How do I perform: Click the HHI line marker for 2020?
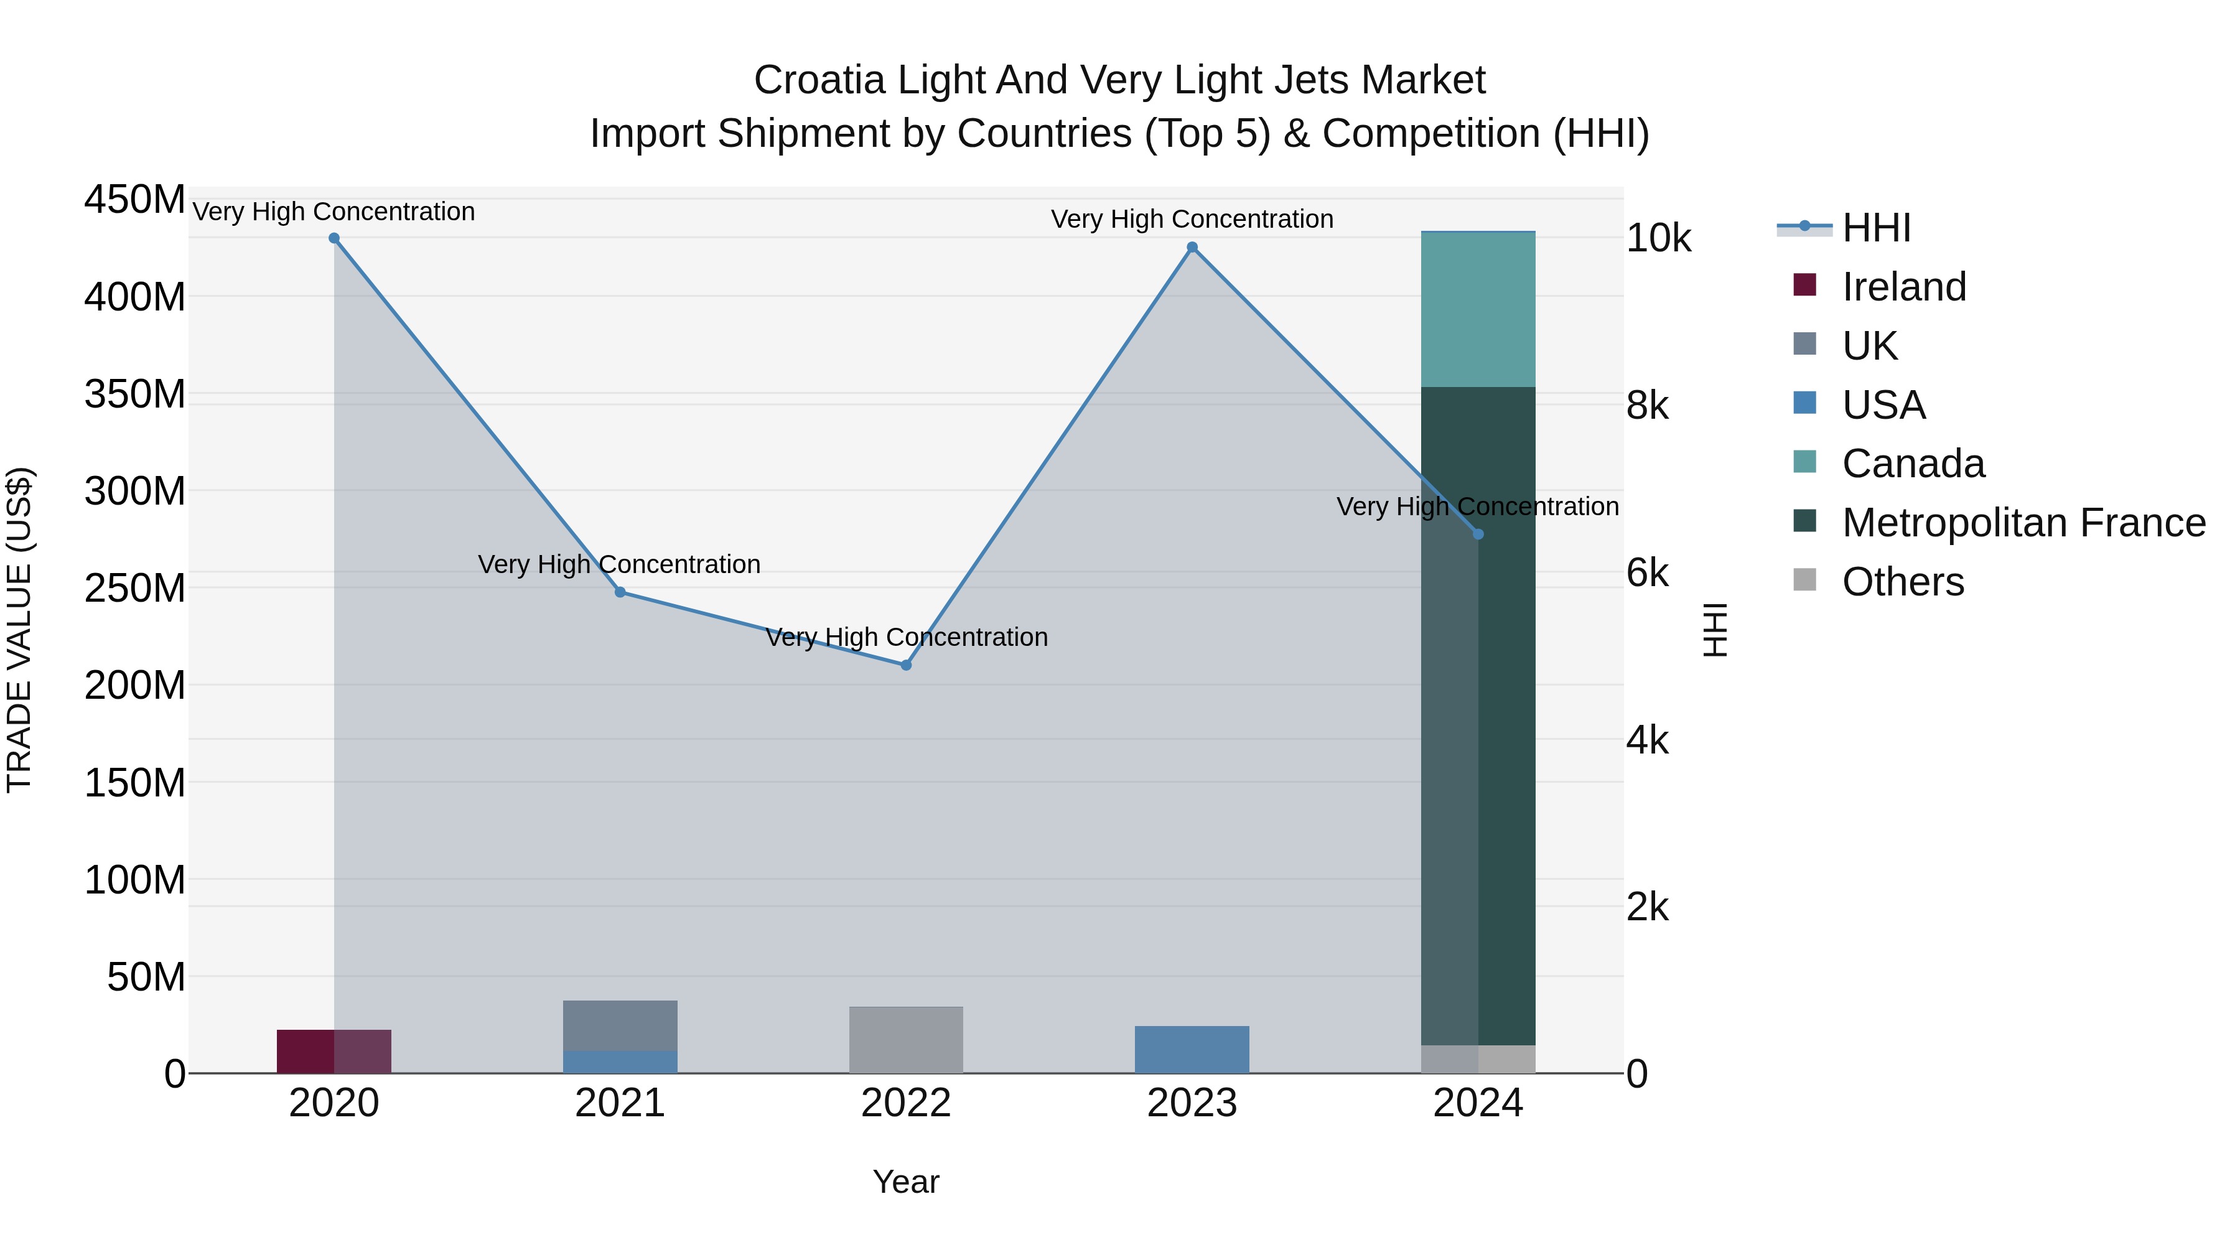click(334, 238)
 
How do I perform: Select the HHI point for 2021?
click(620, 592)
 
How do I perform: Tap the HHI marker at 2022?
click(906, 665)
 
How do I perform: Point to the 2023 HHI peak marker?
click(1192, 248)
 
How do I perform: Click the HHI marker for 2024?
click(1478, 534)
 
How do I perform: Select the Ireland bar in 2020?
click(334, 1052)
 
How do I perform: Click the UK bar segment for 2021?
click(620, 1025)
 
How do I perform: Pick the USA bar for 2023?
click(1192, 1050)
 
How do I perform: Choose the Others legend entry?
click(1903, 582)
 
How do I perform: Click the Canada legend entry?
click(1913, 464)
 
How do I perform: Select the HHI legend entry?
click(1877, 228)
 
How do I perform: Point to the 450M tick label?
click(135, 200)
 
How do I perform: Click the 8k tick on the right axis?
click(1647, 406)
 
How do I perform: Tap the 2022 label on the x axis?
click(906, 1103)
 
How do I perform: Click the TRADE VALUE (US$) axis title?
click(19, 630)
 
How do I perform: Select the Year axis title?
click(906, 1182)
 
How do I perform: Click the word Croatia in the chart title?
click(819, 80)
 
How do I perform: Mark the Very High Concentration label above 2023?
click(1192, 219)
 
